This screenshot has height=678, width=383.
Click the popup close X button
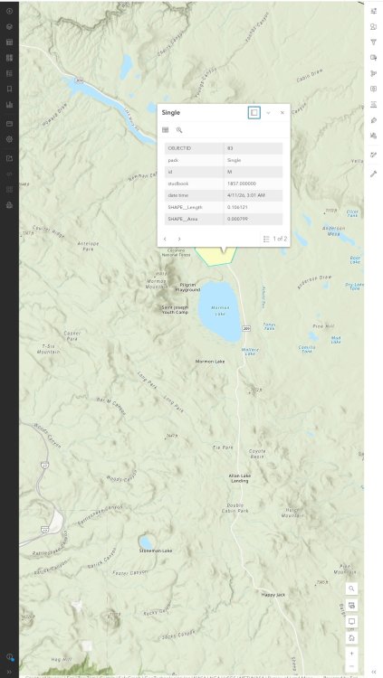282,112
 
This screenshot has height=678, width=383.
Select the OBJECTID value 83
230,147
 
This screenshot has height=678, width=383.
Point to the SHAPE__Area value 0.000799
238,219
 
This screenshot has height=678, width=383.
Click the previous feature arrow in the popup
166,239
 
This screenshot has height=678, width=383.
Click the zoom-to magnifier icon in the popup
179,130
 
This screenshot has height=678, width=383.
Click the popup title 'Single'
170,112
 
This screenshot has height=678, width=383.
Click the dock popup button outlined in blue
254,112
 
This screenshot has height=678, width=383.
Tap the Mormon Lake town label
210,361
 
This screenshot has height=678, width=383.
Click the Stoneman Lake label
155,551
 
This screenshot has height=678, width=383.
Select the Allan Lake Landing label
239,478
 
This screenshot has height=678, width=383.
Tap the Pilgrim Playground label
187,287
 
